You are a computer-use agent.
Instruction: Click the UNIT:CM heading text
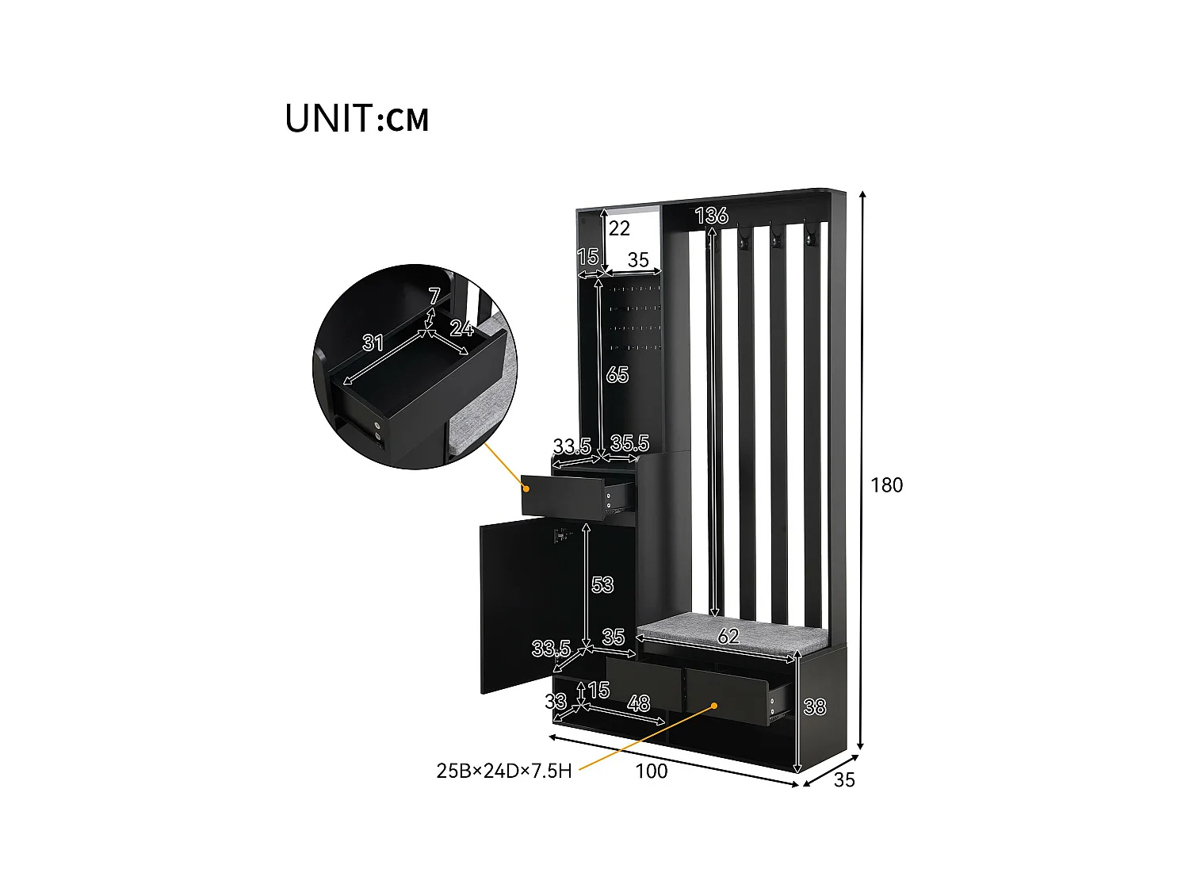(x=357, y=118)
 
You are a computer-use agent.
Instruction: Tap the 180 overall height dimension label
(x=886, y=485)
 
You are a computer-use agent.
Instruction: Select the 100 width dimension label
(x=652, y=771)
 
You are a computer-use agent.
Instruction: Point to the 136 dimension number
(x=711, y=215)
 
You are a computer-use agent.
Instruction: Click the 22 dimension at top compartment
(x=619, y=228)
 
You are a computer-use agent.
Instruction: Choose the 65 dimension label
(x=617, y=374)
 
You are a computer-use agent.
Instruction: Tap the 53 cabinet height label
(x=602, y=584)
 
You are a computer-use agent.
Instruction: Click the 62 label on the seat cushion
(x=728, y=635)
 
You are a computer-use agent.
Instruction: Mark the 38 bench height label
(x=814, y=706)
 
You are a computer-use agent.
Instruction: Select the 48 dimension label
(x=638, y=703)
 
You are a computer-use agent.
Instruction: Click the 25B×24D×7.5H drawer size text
(x=504, y=771)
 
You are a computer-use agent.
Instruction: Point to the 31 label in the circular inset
(x=373, y=343)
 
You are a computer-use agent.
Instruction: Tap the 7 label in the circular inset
(x=434, y=296)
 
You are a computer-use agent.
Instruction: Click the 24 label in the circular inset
(x=461, y=327)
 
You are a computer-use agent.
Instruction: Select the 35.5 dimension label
(x=629, y=443)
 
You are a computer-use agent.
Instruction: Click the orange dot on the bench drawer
(x=713, y=705)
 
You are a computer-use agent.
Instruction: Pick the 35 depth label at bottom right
(x=844, y=780)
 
